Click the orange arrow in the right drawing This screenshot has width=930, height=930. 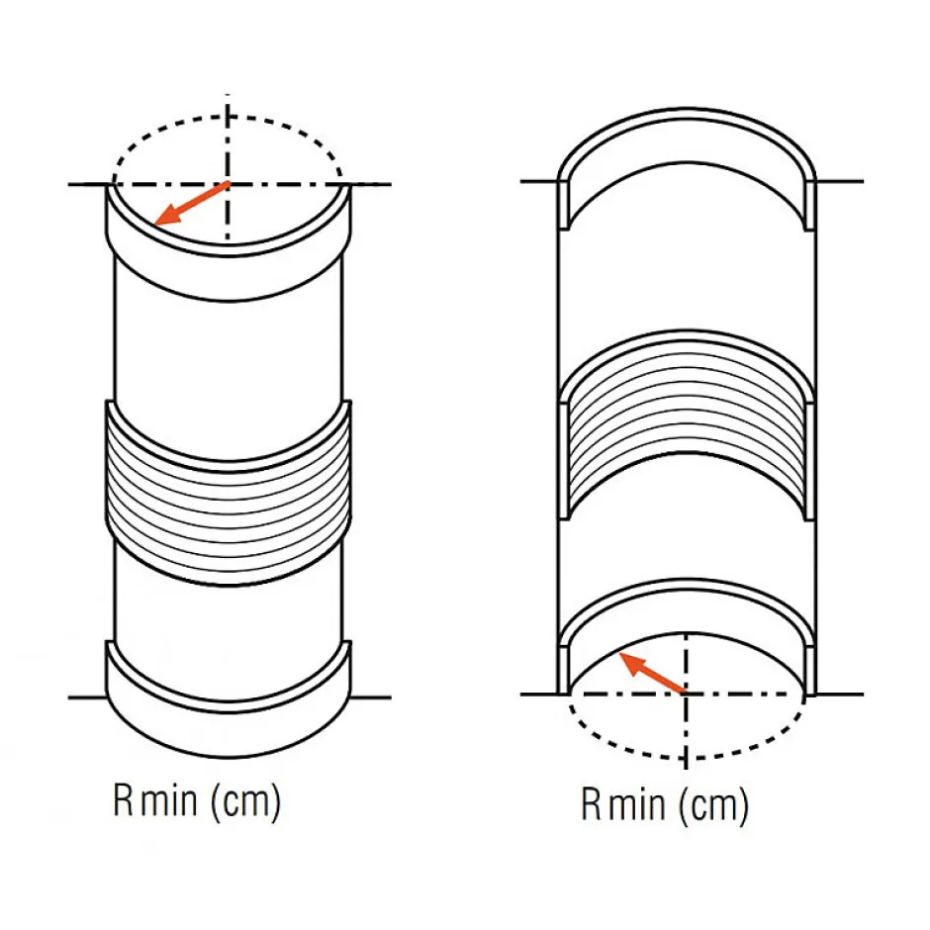(x=652, y=673)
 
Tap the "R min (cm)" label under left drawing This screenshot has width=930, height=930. (x=197, y=801)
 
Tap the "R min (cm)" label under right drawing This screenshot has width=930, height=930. (x=664, y=805)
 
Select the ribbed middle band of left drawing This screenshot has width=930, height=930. (x=228, y=495)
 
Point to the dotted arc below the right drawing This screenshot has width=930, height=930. (x=686, y=757)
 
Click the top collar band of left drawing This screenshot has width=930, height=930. (x=228, y=257)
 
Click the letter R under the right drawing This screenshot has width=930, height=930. (x=591, y=805)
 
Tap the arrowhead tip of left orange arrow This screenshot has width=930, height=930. (x=158, y=222)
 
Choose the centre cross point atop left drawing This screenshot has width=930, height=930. (x=229, y=184)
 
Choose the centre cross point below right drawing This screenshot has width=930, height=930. (x=686, y=694)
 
